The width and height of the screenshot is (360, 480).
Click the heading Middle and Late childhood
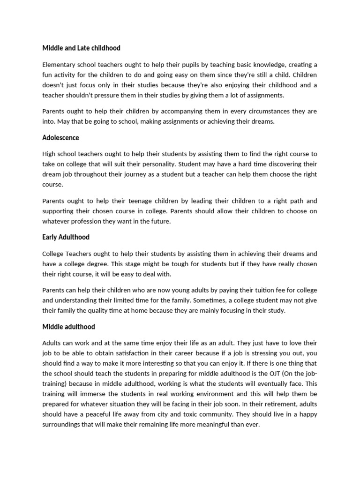(x=81, y=48)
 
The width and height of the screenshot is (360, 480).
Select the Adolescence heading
(x=60, y=138)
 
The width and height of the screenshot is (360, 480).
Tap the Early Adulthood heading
(x=66, y=237)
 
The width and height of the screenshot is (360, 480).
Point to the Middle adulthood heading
(x=68, y=327)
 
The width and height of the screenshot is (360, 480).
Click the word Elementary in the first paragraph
(x=59, y=65)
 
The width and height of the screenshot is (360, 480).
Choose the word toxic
(x=198, y=415)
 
